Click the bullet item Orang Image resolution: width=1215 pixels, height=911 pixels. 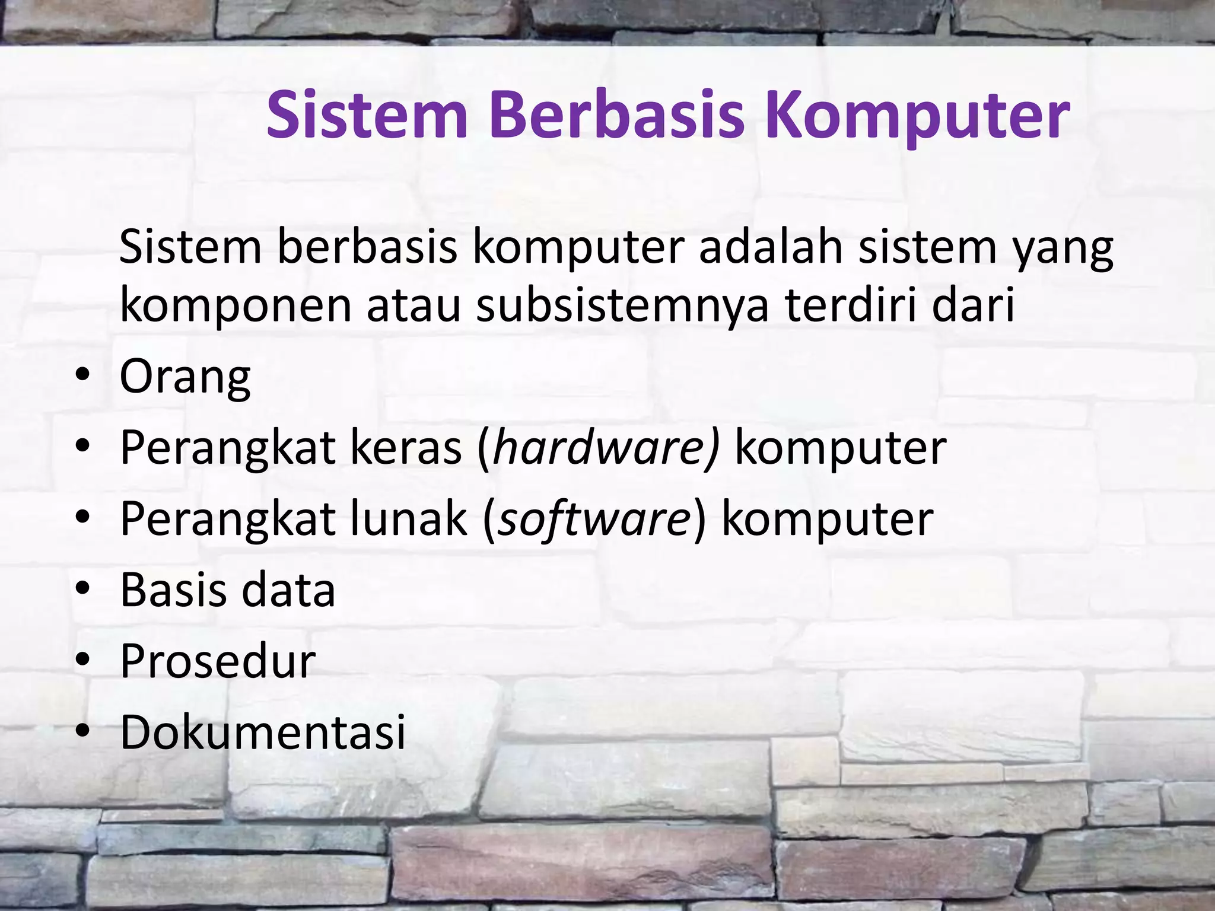185,377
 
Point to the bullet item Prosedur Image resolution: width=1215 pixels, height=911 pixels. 218,661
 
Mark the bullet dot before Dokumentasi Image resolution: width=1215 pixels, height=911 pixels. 82,731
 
